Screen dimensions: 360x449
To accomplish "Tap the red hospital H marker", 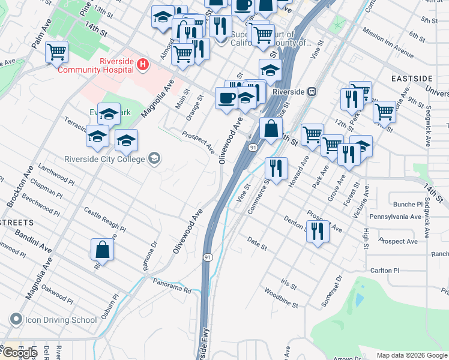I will [x=142, y=64].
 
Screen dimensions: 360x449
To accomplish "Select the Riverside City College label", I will [x=105, y=159].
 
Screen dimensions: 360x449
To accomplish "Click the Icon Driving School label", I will [x=60, y=320].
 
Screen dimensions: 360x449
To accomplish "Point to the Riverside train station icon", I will [x=312, y=92].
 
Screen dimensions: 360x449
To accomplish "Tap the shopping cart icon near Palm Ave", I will [x=56, y=52].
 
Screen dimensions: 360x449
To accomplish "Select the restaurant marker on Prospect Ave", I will [x=318, y=230].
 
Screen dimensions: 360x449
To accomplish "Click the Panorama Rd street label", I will [x=172, y=286].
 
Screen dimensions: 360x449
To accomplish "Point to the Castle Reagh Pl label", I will [x=104, y=220].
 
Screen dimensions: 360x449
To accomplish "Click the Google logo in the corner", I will [x=19, y=353].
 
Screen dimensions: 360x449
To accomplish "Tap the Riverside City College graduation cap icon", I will [x=154, y=158].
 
